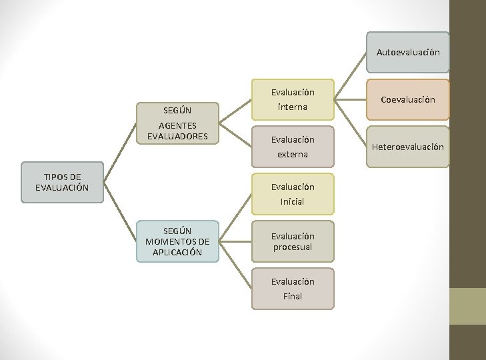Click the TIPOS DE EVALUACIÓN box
pyautogui.click(x=62, y=182)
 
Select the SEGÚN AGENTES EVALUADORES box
pyautogui.click(x=177, y=123)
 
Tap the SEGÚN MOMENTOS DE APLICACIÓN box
pyautogui.click(x=177, y=241)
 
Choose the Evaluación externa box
pyautogui.click(x=293, y=147)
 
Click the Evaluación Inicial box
pyautogui.click(x=293, y=194)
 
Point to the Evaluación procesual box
pyautogui.click(x=293, y=241)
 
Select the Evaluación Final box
pyautogui.click(x=293, y=289)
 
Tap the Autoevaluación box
pyautogui.click(x=408, y=52)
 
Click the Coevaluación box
pyautogui.click(x=408, y=100)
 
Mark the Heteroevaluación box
pyautogui.click(x=408, y=147)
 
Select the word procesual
pyautogui.click(x=293, y=247)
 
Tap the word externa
pyautogui.click(x=293, y=154)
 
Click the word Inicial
pyautogui.click(x=293, y=201)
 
